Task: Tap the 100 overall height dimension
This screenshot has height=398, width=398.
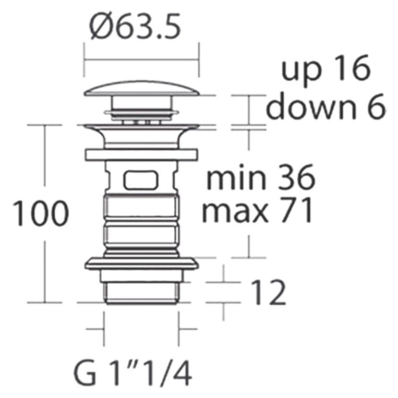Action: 41,213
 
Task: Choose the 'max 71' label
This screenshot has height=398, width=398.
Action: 257,210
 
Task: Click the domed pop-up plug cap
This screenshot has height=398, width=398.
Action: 141,88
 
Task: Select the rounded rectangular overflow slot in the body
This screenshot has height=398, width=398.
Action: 141,180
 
